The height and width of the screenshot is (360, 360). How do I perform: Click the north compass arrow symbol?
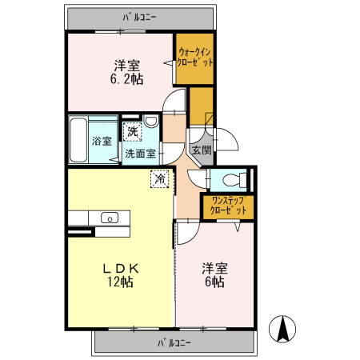click(x=282, y=329)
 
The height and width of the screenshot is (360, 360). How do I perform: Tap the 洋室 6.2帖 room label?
click(x=127, y=73)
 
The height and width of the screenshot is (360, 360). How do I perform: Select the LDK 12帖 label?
click(x=121, y=275)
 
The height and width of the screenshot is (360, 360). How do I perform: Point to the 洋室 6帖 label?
click(x=214, y=275)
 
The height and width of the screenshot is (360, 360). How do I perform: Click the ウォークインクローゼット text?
click(x=195, y=57)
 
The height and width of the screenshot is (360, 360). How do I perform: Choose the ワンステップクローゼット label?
click(x=228, y=206)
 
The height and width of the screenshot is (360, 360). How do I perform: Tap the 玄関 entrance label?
click(x=202, y=150)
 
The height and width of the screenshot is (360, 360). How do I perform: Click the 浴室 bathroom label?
click(x=102, y=141)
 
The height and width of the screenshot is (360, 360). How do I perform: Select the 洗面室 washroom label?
click(x=140, y=154)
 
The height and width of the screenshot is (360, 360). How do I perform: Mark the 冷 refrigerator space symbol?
click(x=160, y=178)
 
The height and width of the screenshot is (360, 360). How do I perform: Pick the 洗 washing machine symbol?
click(x=132, y=131)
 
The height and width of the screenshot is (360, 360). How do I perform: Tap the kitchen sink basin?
click(x=110, y=218)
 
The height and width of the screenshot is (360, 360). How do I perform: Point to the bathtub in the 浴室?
click(x=78, y=140)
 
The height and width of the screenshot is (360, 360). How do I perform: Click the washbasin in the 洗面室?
click(x=151, y=122)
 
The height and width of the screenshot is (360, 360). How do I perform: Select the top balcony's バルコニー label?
click(x=139, y=18)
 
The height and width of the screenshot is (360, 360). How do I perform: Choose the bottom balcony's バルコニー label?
click(x=174, y=342)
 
